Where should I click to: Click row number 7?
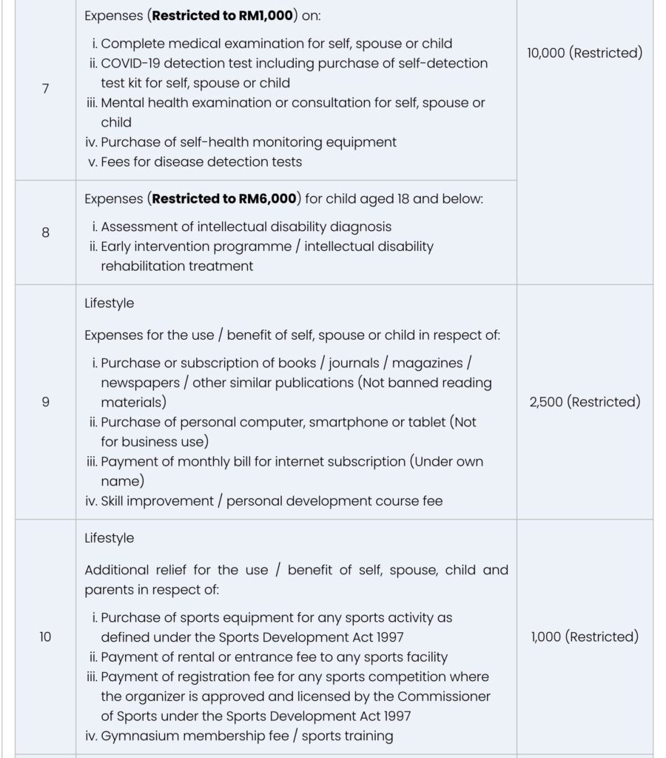coord(45,89)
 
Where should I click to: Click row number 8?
coord(45,232)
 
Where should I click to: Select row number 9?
coord(45,403)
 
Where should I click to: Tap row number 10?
coord(45,637)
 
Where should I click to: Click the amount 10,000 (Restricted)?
coord(585,53)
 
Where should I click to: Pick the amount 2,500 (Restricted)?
coord(585,403)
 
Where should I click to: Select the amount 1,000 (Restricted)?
coord(585,637)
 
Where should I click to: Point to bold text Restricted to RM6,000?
coord(223,198)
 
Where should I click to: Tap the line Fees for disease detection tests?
coord(201,161)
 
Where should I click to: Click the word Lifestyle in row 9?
coord(110,303)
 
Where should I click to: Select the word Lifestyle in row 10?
coord(110,538)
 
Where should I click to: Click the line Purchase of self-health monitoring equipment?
coord(249,142)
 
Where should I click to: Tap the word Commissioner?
coord(443,697)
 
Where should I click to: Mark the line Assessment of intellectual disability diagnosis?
coord(246,227)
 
